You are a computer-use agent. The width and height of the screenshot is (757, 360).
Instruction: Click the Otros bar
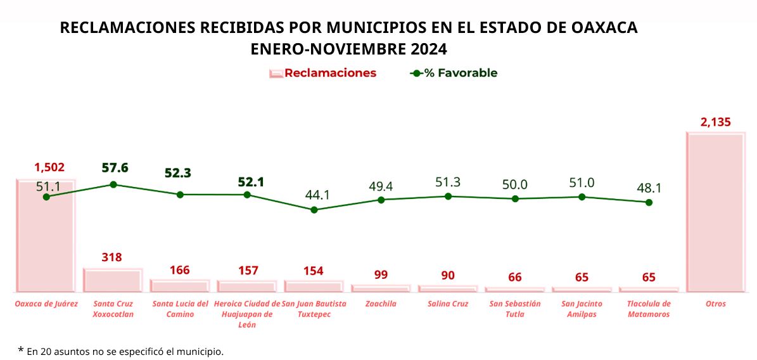pos(716,212)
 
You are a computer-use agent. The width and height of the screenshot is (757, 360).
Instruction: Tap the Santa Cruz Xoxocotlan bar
pos(113,280)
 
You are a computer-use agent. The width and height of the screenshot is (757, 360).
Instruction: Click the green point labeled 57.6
pos(113,184)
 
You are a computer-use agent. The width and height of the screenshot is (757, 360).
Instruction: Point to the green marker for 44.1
pos(314,209)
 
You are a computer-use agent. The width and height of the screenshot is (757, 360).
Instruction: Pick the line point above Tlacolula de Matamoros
pos(649,202)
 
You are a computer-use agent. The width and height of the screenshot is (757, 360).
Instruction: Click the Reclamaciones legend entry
pos(322,73)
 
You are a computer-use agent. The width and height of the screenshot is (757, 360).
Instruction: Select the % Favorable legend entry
pos(454,73)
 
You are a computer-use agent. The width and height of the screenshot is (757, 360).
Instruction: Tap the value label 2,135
pos(716,122)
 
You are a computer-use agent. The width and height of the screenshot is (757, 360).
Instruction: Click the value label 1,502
pos(49,167)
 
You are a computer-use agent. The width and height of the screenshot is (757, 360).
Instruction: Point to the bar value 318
pos(111,257)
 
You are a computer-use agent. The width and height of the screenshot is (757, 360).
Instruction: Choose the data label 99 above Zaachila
pos(381,275)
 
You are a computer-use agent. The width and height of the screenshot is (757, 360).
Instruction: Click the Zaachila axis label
pos(381,304)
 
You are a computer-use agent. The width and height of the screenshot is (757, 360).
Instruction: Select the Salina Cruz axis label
pos(448,304)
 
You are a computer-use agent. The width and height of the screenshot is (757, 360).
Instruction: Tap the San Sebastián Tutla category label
pos(515,309)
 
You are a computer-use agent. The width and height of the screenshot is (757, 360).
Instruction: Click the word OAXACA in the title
pos(604,28)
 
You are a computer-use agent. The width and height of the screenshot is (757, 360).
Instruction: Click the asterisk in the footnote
pos(21,350)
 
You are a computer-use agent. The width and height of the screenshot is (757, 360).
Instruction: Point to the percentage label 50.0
pos(515,184)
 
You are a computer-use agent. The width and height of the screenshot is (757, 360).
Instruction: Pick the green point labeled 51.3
pos(448,196)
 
